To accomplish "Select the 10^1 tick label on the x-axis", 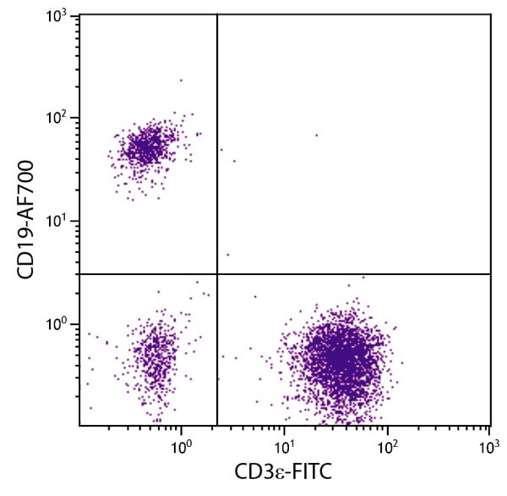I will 284,443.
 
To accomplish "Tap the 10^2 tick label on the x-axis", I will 387,443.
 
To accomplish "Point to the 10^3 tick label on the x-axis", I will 489,443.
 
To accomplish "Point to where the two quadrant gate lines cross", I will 217,274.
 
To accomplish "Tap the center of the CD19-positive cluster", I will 147,148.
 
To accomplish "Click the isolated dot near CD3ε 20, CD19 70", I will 317,135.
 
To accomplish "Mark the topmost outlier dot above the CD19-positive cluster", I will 181,80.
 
